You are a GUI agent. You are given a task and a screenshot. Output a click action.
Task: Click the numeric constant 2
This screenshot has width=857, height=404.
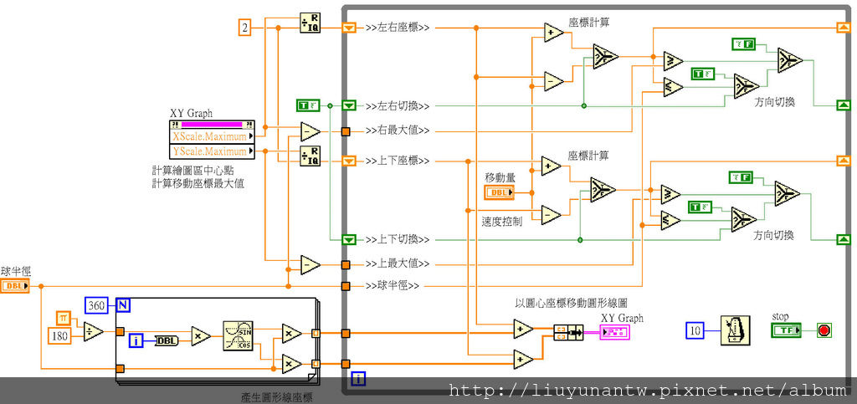[245, 28]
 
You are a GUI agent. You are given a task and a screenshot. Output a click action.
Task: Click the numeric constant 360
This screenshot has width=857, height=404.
[98, 305]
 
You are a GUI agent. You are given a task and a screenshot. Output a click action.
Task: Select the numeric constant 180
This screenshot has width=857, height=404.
[60, 336]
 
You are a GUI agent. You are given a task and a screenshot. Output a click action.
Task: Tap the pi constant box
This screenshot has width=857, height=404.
[64, 317]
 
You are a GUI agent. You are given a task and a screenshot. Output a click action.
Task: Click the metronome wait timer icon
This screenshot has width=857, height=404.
[733, 330]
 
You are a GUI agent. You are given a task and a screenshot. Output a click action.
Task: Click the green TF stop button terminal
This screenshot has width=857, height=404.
[786, 330]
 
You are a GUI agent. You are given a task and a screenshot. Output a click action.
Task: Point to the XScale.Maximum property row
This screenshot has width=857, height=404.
[209, 136]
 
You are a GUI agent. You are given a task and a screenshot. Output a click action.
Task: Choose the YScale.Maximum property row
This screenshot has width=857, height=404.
[209, 151]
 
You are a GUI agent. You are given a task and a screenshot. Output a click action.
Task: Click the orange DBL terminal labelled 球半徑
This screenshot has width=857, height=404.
[14, 286]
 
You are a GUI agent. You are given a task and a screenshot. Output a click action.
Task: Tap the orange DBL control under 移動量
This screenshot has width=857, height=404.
[500, 193]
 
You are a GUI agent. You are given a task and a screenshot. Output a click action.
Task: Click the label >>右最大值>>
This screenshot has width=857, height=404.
[398, 130]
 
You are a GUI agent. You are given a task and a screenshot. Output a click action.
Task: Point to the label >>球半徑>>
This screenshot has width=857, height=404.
[392, 286]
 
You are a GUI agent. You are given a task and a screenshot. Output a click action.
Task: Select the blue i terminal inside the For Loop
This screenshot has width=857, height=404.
[136, 340]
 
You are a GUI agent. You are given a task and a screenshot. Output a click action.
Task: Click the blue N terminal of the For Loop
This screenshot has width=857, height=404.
[123, 305]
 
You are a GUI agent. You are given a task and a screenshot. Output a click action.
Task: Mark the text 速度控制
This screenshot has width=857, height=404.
[501, 222]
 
